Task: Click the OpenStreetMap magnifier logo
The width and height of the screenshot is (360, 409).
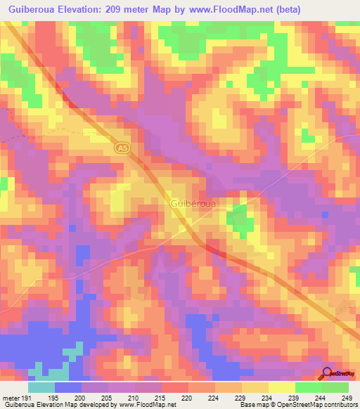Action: point(328,374)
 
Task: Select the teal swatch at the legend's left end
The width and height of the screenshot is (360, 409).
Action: point(41,387)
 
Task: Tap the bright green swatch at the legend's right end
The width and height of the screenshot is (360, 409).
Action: point(335,387)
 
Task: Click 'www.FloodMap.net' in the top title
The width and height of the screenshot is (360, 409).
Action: point(231,9)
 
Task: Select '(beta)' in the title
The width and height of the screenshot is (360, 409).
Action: point(288,9)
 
